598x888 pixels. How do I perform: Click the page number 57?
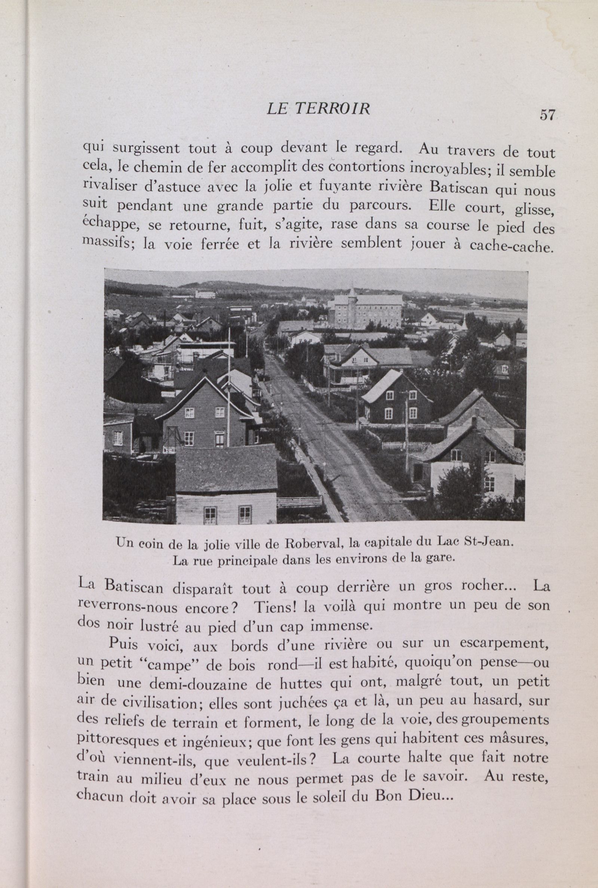547,114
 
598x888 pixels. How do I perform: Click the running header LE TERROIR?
318,109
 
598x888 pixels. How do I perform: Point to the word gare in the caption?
442,559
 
